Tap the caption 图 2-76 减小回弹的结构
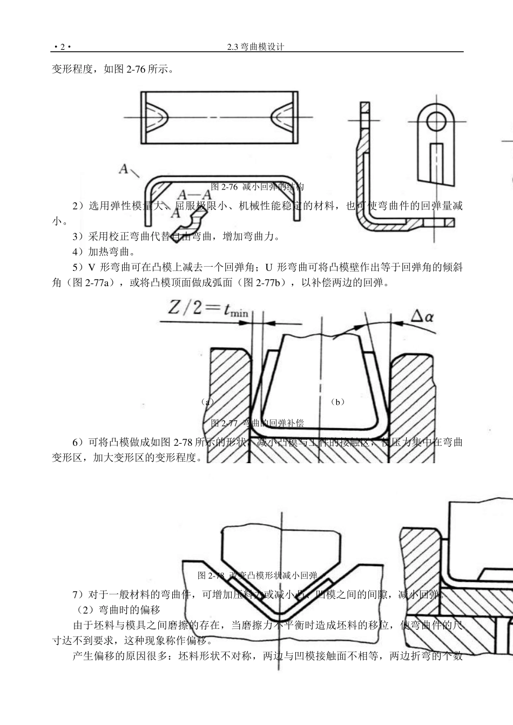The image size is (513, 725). [x=258, y=187]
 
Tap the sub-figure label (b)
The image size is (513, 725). [x=338, y=402]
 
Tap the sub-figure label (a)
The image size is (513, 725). [x=206, y=402]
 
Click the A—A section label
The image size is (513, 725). [x=194, y=195]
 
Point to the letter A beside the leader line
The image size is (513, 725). [x=124, y=170]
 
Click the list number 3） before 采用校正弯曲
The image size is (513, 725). [x=79, y=236]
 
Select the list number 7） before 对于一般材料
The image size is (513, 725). [x=79, y=595]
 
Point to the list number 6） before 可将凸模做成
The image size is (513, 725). [x=79, y=443]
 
